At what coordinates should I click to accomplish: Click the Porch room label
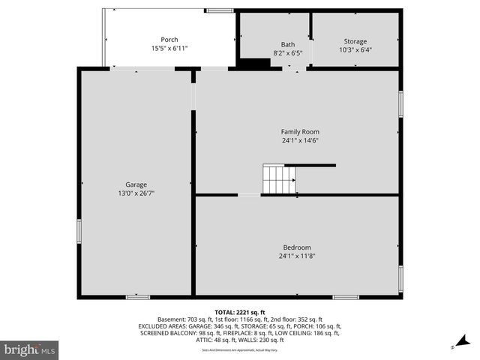(x=169, y=40)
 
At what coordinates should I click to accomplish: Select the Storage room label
(x=355, y=41)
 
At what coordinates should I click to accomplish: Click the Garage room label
(x=136, y=184)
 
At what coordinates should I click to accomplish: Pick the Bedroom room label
(x=296, y=247)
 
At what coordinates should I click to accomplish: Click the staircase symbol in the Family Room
(x=278, y=180)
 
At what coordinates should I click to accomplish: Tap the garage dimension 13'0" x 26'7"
(x=136, y=193)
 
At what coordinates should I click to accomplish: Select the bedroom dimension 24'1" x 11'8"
(x=296, y=256)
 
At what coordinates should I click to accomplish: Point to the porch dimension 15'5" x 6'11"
(x=169, y=49)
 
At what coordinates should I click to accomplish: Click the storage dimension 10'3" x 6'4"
(x=355, y=50)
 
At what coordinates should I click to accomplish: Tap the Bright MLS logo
(x=29, y=349)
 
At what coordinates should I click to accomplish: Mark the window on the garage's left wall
(x=79, y=231)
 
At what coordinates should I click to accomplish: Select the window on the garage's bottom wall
(x=137, y=297)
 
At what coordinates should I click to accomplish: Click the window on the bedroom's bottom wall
(x=345, y=297)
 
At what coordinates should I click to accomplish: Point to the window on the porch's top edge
(x=219, y=10)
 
